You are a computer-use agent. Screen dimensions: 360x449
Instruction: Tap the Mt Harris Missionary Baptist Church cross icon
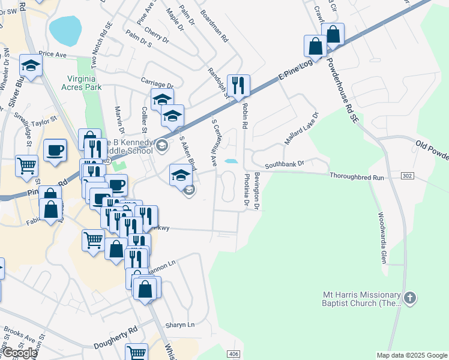click(x=409, y=298)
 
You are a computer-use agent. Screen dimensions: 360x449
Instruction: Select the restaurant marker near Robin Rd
click(x=239, y=86)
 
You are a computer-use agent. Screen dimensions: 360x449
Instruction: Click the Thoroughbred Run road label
click(x=356, y=176)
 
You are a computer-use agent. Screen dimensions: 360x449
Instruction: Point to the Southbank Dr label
click(x=285, y=163)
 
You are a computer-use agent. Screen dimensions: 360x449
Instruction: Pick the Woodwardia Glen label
click(x=382, y=238)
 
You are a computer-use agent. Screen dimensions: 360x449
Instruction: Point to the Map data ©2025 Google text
click(x=412, y=355)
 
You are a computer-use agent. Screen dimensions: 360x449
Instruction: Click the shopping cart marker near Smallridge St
click(x=26, y=165)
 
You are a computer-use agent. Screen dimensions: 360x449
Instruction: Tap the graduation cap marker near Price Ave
click(x=31, y=66)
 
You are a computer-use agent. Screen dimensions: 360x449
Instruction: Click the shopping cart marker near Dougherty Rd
click(x=137, y=352)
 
